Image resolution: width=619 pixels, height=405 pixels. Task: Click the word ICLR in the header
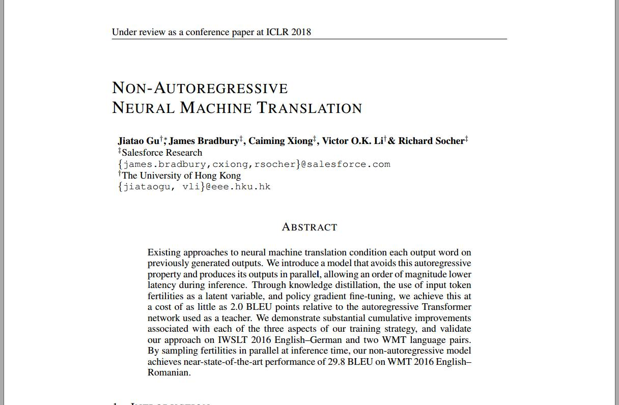(277, 32)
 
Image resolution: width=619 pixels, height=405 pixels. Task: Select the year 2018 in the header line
(301, 32)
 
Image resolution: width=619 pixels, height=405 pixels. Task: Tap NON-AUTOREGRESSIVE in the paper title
(200, 88)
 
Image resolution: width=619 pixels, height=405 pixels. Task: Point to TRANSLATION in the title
(309, 108)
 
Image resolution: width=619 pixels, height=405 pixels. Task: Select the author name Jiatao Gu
(138, 141)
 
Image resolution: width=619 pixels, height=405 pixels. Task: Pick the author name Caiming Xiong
(280, 141)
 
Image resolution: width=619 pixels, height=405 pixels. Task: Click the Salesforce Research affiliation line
(162, 153)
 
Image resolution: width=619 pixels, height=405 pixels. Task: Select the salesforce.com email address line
(254, 164)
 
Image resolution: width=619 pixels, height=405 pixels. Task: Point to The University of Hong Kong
(181, 176)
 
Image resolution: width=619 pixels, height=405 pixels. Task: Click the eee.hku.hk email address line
(194, 187)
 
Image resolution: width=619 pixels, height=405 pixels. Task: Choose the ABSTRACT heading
(309, 227)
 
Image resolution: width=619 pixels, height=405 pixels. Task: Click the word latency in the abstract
(161, 285)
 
